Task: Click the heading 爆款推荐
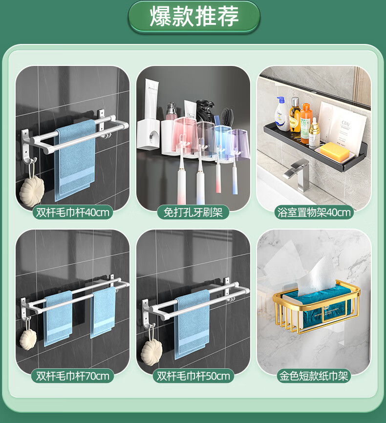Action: pos(194,17)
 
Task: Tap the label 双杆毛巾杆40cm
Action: pos(73,212)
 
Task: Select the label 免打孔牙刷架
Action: pos(193,212)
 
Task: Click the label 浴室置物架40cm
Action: pos(314,212)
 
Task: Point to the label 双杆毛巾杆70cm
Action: pos(73,376)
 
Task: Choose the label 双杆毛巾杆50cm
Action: pos(193,376)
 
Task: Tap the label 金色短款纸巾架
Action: pos(314,376)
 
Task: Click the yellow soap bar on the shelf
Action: pos(334,151)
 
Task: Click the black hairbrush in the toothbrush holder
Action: pos(227,117)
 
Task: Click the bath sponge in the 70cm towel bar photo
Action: pos(28,339)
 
